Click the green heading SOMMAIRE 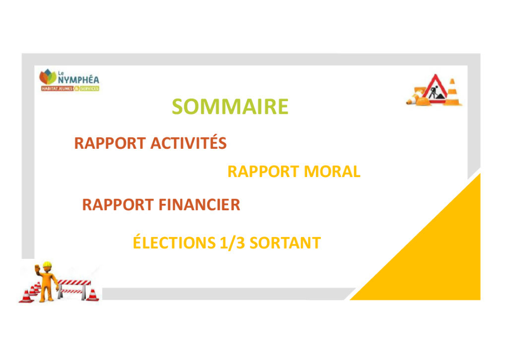tap(230, 106)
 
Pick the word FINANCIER tap(199, 205)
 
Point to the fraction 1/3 tap(232, 243)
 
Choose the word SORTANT tap(285, 243)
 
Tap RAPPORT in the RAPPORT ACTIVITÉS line tap(110, 143)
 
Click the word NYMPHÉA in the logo tap(79, 79)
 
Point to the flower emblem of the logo tap(48, 77)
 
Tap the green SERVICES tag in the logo tap(89, 89)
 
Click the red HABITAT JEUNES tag tap(57, 89)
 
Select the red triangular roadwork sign tap(435, 90)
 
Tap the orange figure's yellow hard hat tap(47, 265)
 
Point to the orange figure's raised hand tap(37, 268)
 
